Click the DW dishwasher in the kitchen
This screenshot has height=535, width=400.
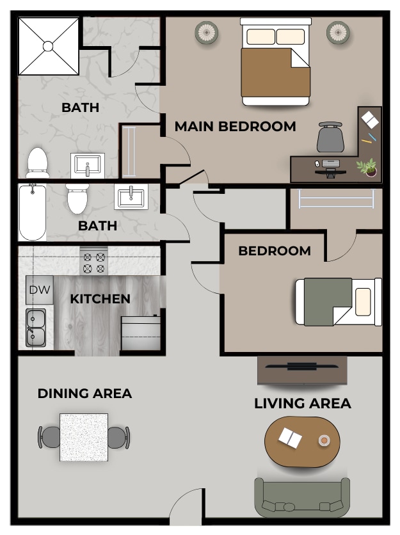coord(40,290)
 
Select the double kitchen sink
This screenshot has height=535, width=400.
coord(36,327)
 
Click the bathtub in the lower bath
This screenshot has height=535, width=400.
coord(32,212)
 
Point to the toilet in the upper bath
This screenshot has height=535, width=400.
coord(38,163)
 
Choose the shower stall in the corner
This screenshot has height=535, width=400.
coord(49,45)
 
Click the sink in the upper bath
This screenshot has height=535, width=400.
coord(87,166)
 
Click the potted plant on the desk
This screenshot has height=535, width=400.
coord(367,168)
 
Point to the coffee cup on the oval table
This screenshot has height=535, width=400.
coord(324,440)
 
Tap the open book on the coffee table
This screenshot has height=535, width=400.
coord(291,438)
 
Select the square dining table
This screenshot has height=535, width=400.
coord(84,438)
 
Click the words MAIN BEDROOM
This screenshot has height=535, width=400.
coord(235,126)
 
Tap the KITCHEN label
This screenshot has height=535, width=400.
coord(100,299)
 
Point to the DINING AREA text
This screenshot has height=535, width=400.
coord(84,394)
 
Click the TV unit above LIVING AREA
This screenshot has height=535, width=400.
coord(302,369)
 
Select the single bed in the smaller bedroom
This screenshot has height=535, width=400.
coord(338,301)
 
